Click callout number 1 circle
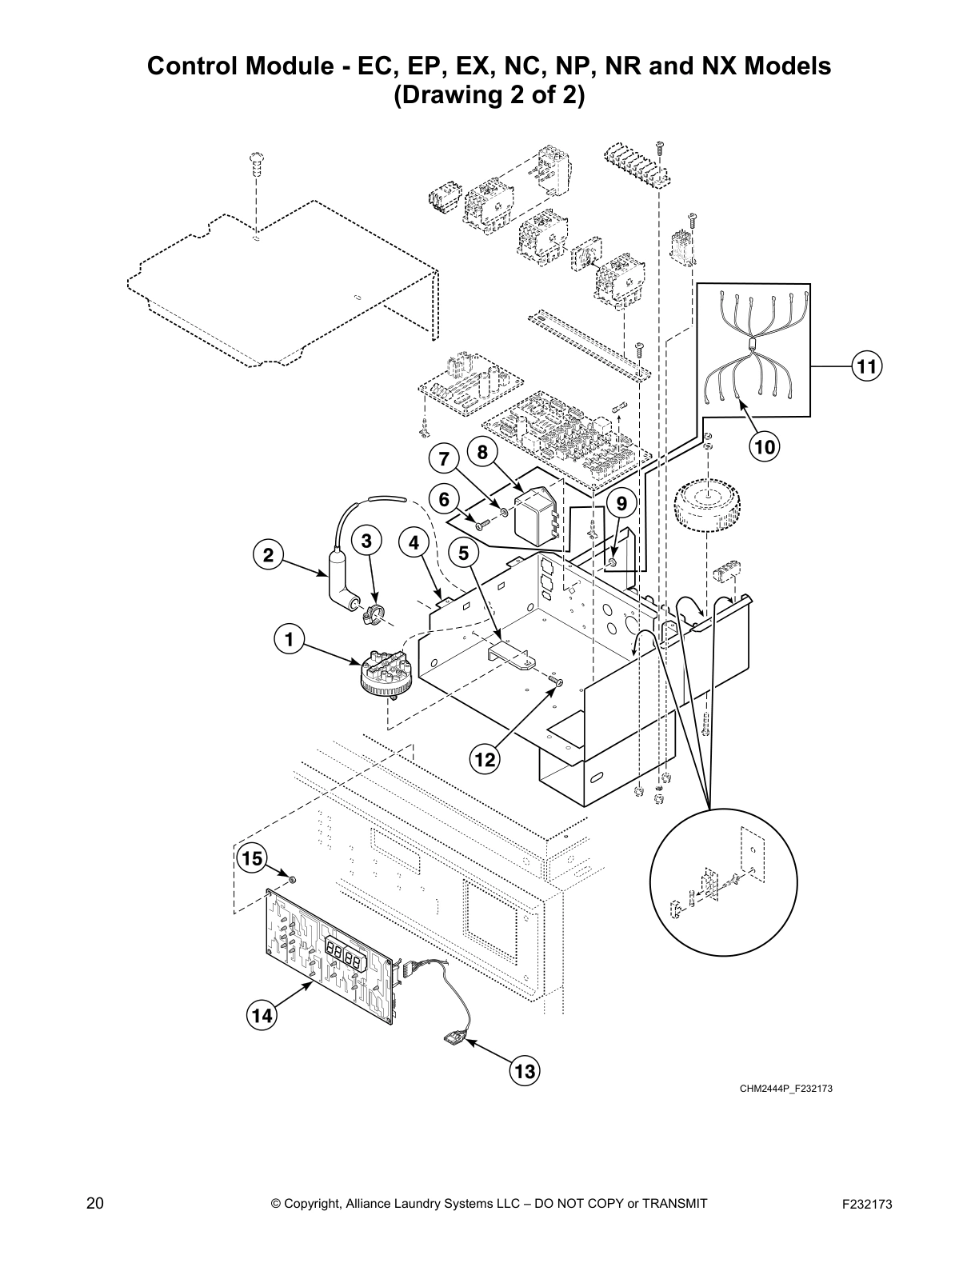pyautogui.click(x=289, y=639)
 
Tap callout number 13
pyautogui.click(x=525, y=1070)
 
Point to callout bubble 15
pyautogui.click(x=252, y=859)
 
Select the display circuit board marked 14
pyautogui.click(x=332, y=952)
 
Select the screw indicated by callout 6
pyautogui.click(x=482, y=526)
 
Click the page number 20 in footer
pyautogui.click(x=94, y=1204)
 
